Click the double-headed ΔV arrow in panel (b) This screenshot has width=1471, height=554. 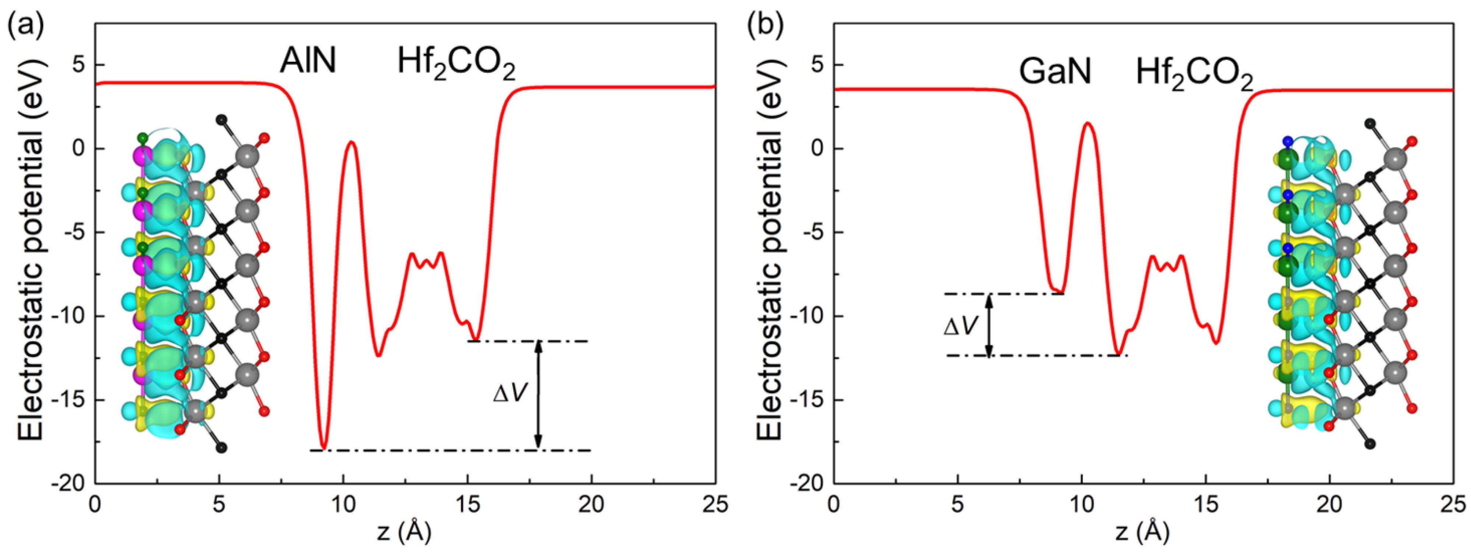[990, 325]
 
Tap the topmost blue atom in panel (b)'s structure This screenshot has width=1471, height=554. [1282, 141]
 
